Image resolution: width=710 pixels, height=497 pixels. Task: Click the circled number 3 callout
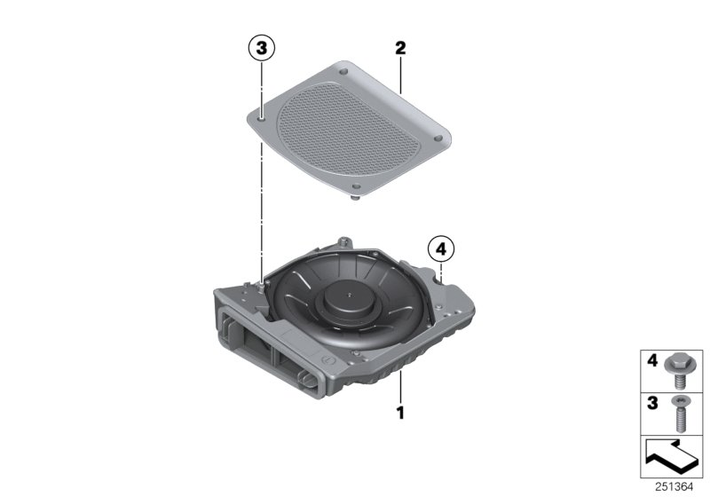click(x=261, y=50)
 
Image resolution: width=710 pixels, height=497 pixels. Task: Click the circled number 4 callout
click(x=440, y=249)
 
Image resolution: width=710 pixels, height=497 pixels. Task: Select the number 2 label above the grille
click(x=400, y=49)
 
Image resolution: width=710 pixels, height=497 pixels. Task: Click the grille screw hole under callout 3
click(x=263, y=113)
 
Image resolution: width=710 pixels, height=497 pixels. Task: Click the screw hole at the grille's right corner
click(x=440, y=138)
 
